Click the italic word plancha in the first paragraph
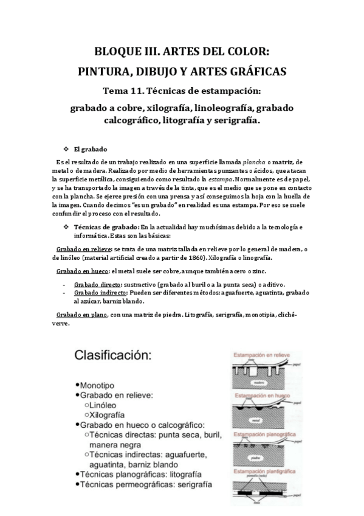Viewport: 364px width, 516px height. pos(255,161)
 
